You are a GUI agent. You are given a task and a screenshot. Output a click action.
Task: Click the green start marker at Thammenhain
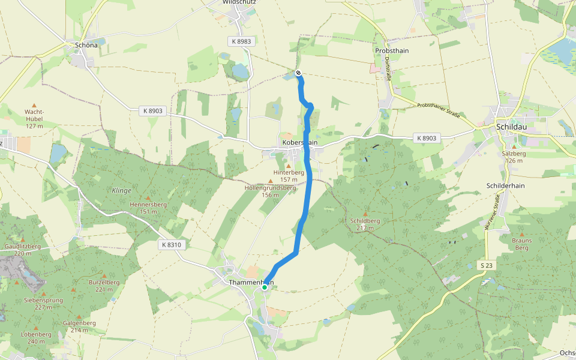click(265, 287)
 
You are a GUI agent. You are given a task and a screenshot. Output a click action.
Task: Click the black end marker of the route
click(298, 73)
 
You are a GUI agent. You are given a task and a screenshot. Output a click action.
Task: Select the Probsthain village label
click(392, 51)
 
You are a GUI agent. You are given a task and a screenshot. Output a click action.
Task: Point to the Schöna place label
click(86, 45)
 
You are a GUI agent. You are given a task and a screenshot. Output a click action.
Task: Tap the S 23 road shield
click(487, 265)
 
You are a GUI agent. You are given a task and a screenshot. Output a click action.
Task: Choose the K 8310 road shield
click(171, 245)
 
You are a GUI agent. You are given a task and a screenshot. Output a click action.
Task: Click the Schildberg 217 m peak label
click(365, 224)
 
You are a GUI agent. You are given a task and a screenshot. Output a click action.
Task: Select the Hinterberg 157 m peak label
click(289, 175)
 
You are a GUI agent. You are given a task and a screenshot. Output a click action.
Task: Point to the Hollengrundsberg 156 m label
click(270, 191)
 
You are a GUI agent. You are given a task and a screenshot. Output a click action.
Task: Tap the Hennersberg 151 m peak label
click(148, 207)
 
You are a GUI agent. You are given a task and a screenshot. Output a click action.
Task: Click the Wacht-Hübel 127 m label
click(34, 119)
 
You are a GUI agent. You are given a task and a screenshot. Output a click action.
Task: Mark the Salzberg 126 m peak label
click(514, 157)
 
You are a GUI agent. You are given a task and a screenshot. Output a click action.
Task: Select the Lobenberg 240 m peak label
click(36, 337)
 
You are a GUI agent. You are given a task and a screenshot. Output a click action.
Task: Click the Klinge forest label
click(121, 190)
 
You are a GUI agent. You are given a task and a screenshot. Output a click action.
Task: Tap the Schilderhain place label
click(506, 185)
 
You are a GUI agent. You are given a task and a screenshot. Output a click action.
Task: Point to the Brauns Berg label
click(521, 244)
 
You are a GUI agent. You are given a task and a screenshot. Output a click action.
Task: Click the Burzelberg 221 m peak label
click(100, 286)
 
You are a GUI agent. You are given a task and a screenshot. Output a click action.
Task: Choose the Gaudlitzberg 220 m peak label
click(22, 250)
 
